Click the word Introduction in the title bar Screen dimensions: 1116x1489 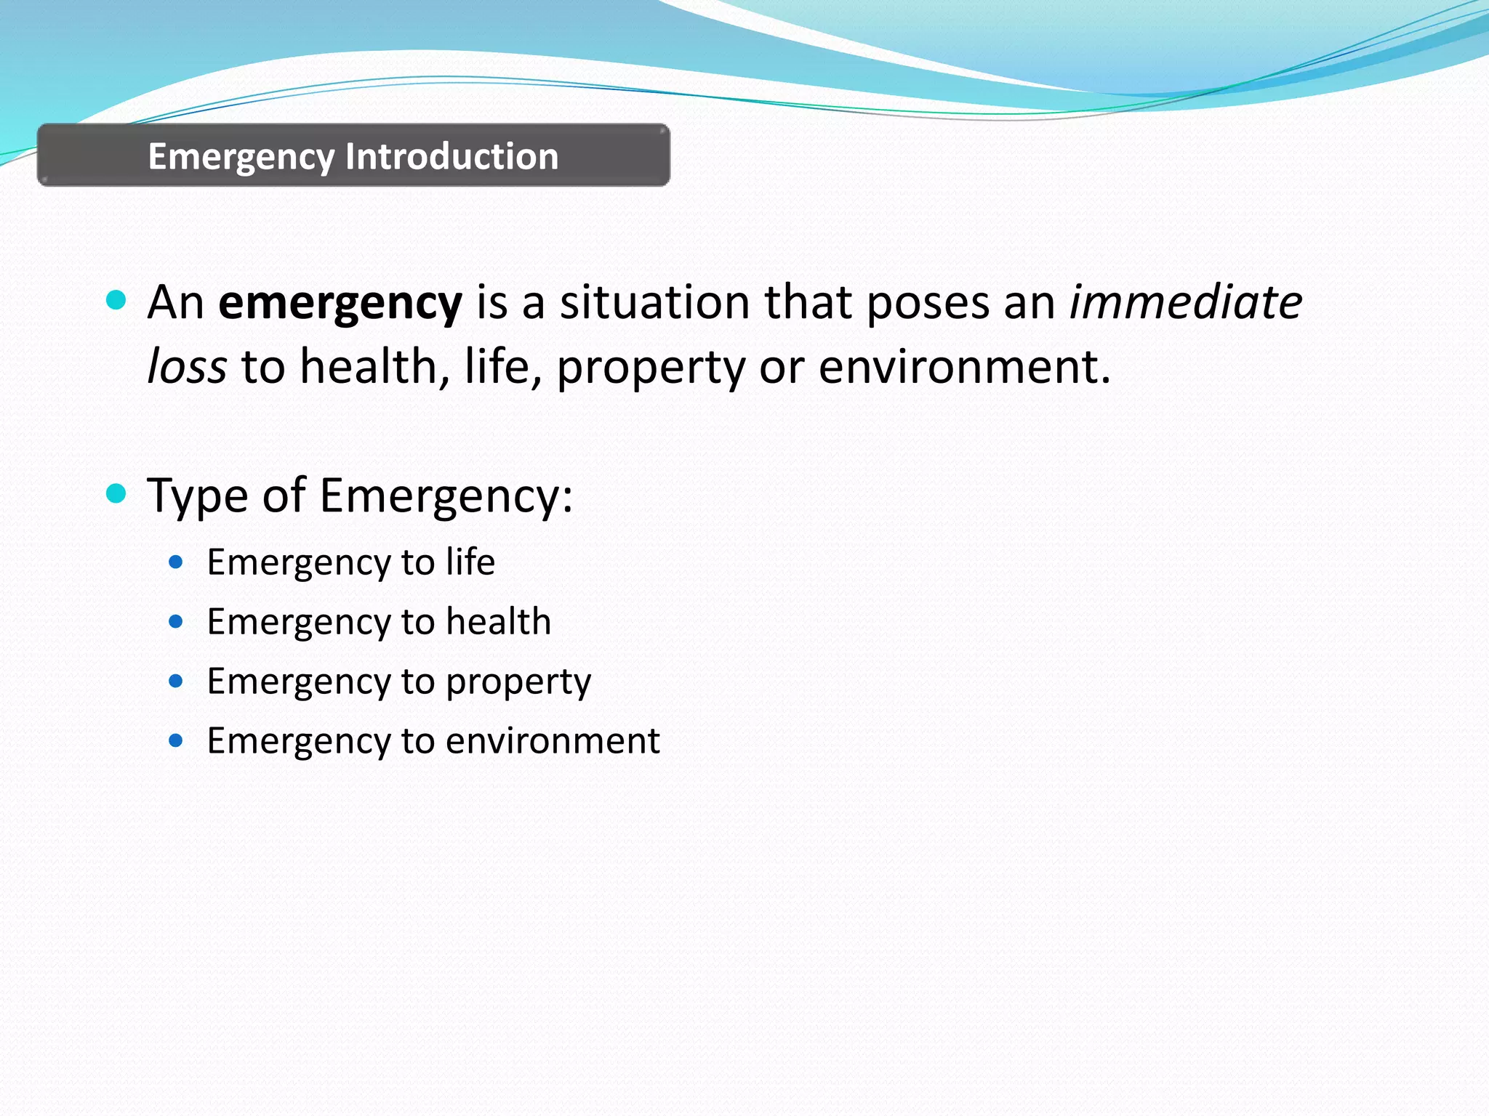(451, 156)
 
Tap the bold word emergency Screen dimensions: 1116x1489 (340, 304)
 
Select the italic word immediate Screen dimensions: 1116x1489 (1185, 302)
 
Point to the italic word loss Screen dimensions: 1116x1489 (187, 366)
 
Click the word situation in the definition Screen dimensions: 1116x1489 (654, 302)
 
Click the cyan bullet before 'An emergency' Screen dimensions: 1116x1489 (116, 299)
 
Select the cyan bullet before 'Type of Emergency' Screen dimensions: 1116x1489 (116, 494)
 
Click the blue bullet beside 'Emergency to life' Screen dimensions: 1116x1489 (175, 562)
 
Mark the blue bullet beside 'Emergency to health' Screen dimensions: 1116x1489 (175, 621)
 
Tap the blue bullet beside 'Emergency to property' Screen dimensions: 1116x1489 (175, 681)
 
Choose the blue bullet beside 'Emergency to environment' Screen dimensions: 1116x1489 (175, 740)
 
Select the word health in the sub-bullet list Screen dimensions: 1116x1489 (498, 622)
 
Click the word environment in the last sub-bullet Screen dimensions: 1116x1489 (552, 741)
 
